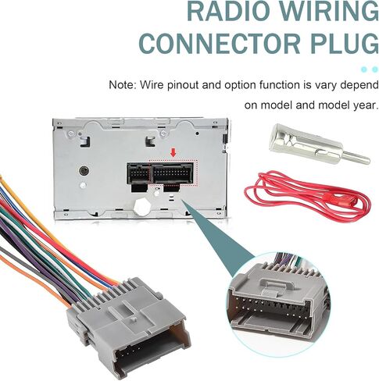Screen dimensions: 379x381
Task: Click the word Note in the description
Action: (123, 85)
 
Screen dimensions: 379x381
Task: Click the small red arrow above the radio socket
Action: (173, 152)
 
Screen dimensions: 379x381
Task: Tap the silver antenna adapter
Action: (319, 144)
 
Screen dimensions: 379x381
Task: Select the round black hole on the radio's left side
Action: (84, 171)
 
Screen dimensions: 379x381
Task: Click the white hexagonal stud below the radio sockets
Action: (141, 207)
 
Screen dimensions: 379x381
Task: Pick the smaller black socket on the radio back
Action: (138, 173)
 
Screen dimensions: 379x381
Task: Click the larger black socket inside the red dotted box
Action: (173, 173)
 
